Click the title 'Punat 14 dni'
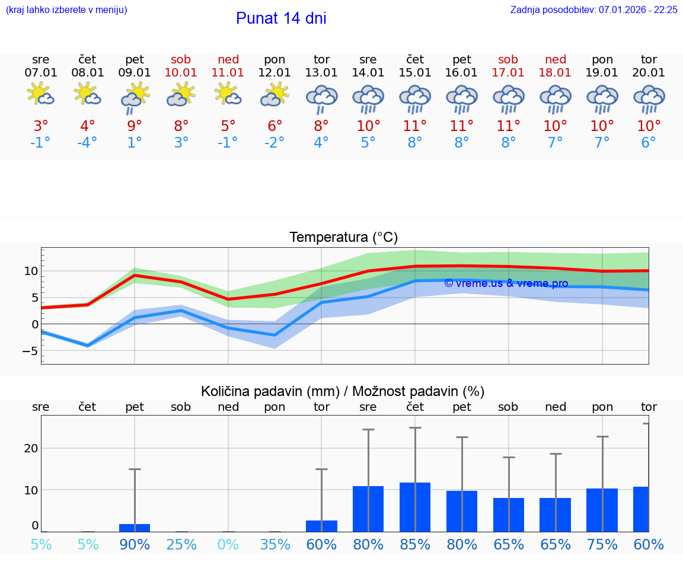281,18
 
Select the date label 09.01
135,73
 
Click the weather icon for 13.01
321,99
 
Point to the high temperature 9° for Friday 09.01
135,126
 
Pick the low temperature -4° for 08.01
87,143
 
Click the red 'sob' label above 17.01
508,59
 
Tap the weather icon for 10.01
181,95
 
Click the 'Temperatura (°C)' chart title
343,238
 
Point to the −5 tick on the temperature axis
30,351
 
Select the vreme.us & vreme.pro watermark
506,283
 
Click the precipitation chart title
343,391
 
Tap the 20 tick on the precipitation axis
31,448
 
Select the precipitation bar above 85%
414,507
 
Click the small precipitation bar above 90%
135,528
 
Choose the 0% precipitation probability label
228,545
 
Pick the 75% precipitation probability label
602,545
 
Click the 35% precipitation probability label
275,545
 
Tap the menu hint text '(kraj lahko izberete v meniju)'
66,10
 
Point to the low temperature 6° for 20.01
649,143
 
